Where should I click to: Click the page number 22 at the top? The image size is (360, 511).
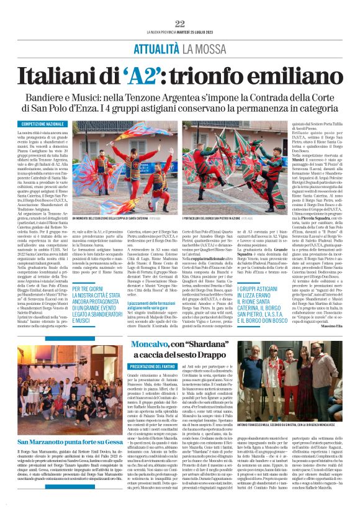180,24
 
